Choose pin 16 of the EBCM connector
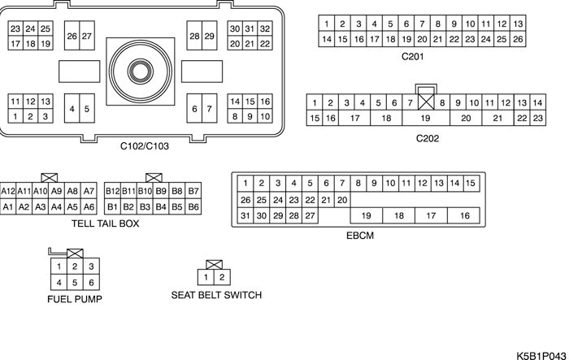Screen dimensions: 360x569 (x=464, y=215)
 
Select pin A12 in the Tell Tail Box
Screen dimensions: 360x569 (x=8, y=191)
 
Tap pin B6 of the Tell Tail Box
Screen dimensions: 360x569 (x=193, y=207)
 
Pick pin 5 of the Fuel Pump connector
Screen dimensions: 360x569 (x=75, y=282)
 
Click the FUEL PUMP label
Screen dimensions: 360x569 (x=74, y=299)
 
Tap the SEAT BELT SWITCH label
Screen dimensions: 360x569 (x=216, y=295)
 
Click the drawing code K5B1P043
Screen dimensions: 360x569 (x=540, y=354)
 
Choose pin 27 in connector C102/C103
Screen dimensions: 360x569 (x=87, y=37)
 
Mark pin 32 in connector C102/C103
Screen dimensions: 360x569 (x=265, y=28)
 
